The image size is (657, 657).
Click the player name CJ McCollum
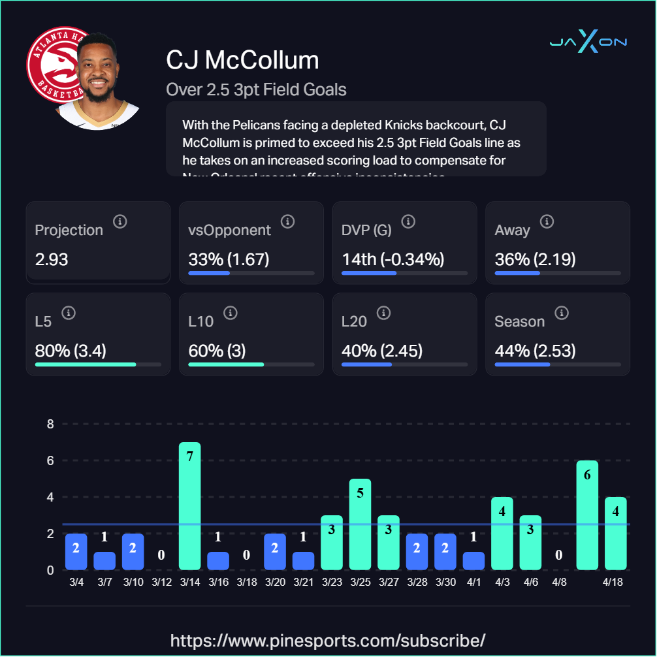[242, 60]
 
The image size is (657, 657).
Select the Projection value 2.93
[52, 259]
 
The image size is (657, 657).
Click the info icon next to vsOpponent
[287, 222]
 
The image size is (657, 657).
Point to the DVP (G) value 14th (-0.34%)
[393, 259]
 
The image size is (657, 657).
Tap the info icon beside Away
[547, 222]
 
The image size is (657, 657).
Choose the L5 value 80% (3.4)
[71, 351]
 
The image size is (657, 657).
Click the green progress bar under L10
[226, 364]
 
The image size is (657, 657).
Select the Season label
[519, 321]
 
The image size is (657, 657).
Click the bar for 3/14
[189, 506]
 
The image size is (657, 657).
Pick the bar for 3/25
[360, 524]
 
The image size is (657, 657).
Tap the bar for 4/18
[615, 534]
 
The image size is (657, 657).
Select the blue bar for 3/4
[76, 552]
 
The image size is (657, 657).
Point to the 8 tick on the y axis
[50, 424]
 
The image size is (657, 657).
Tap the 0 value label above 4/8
[559, 555]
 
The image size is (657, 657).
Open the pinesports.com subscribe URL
[328, 639]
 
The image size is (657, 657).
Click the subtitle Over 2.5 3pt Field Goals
[256, 89]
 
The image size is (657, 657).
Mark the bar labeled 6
[587, 515]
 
